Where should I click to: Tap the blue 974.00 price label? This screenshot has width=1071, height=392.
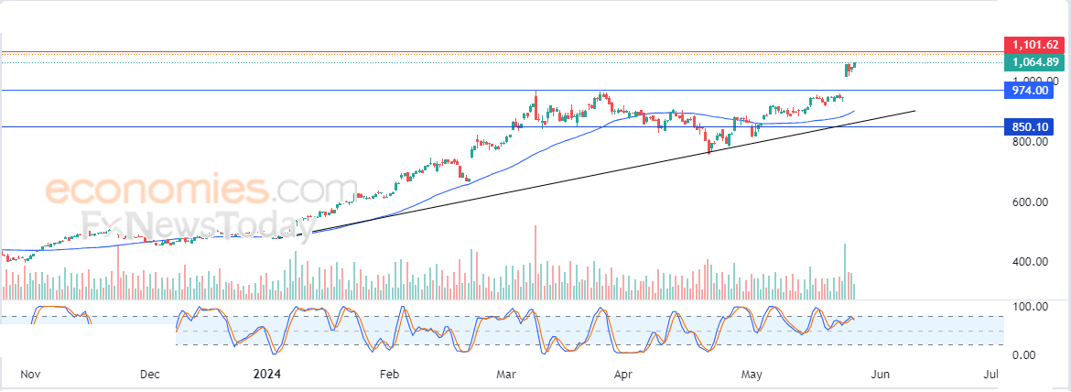tap(1030, 91)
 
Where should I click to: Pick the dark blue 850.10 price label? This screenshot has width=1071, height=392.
tap(1030, 127)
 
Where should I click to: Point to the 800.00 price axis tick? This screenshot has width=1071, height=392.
tap(1029, 142)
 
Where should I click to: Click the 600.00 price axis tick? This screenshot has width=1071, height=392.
tap(1029, 202)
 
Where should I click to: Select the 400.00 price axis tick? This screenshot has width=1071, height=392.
tap(1029, 262)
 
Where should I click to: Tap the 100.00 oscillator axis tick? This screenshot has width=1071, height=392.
tap(1029, 306)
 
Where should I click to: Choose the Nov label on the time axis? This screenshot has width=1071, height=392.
tap(30, 375)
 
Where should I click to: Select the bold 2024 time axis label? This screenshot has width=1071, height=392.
tap(266, 375)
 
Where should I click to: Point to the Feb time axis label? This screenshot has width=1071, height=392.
tap(389, 375)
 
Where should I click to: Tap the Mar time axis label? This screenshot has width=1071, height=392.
tap(505, 375)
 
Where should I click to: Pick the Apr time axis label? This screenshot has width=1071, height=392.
tap(623, 375)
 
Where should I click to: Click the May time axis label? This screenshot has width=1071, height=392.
tap(752, 375)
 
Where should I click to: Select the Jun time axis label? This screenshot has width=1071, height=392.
tap(880, 375)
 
